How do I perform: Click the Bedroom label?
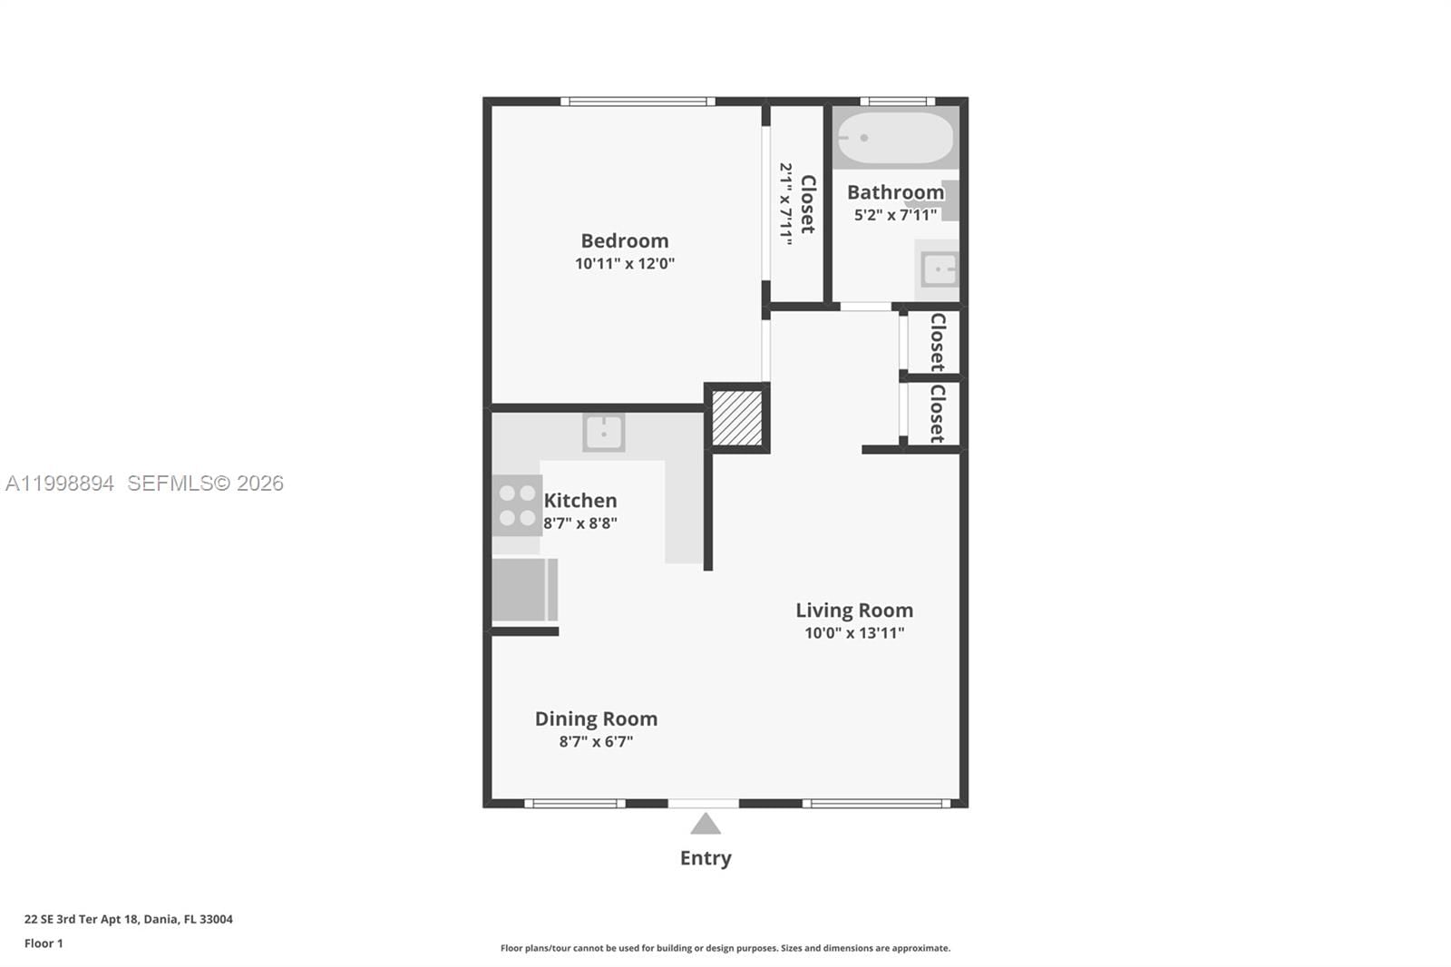click(x=624, y=240)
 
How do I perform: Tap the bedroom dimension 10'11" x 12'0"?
click(x=624, y=264)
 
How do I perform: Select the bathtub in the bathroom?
click(x=894, y=138)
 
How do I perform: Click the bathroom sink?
click(x=939, y=269)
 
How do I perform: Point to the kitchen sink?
click(x=603, y=433)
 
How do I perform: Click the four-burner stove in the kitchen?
click(x=517, y=505)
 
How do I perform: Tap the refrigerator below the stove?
click(x=522, y=590)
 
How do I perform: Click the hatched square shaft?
click(x=736, y=418)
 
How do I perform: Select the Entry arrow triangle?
click(x=706, y=825)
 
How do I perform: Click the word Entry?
click(x=706, y=858)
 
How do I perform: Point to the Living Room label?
click(x=854, y=610)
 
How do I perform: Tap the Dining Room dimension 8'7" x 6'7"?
click(x=596, y=742)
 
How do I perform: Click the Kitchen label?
click(x=580, y=501)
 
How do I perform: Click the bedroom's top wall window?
click(x=638, y=102)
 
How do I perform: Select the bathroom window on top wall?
click(x=897, y=102)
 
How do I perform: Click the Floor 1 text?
click(x=44, y=943)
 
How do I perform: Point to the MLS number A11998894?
click(x=60, y=483)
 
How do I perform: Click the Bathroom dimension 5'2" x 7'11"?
click(x=895, y=215)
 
